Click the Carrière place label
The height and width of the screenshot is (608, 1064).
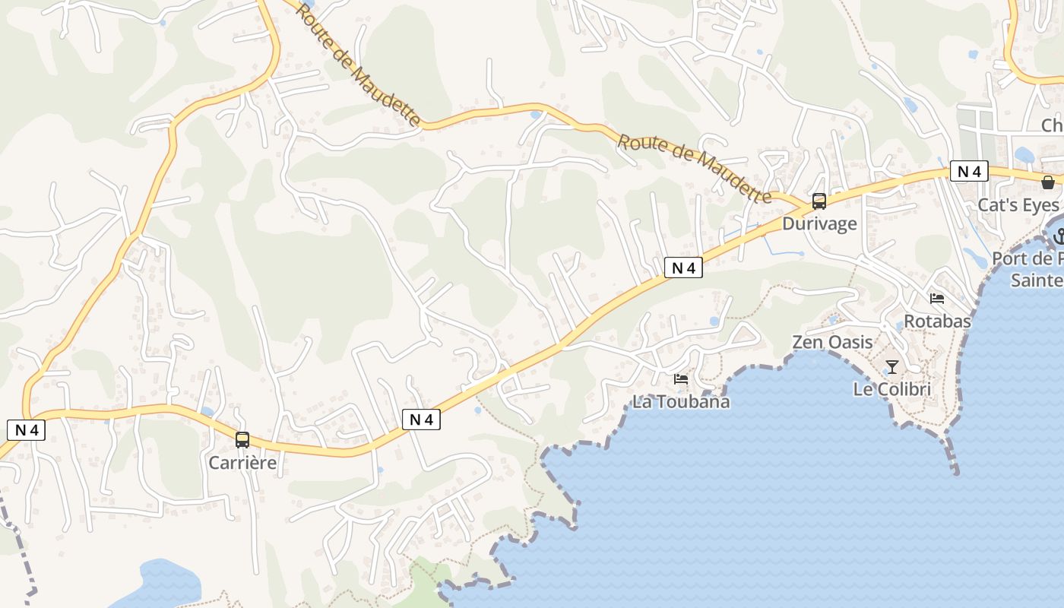click(x=242, y=462)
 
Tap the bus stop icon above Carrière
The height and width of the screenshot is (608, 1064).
click(x=242, y=439)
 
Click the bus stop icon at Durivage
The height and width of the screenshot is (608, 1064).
click(x=819, y=201)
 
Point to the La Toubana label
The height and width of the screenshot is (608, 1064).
click(x=681, y=401)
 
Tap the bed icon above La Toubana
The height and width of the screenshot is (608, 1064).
click(x=681, y=378)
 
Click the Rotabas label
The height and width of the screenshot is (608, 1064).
click(x=937, y=321)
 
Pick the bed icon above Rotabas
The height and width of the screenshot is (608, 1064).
click(x=937, y=299)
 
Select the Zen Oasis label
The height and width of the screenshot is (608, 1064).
click(x=832, y=342)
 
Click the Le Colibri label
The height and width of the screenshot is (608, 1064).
click(x=891, y=389)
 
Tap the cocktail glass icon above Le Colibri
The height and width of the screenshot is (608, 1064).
click(x=891, y=367)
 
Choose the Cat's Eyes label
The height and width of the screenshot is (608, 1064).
click(x=1018, y=205)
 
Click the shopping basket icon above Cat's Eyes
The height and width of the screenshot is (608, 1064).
click(x=1048, y=182)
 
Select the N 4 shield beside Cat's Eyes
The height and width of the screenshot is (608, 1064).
click(x=969, y=171)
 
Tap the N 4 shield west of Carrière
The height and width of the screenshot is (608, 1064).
click(x=27, y=430)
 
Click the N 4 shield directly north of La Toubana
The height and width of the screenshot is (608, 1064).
click(x=683, y=268)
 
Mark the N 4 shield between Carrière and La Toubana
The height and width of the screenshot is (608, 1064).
click(x=421, y=419)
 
